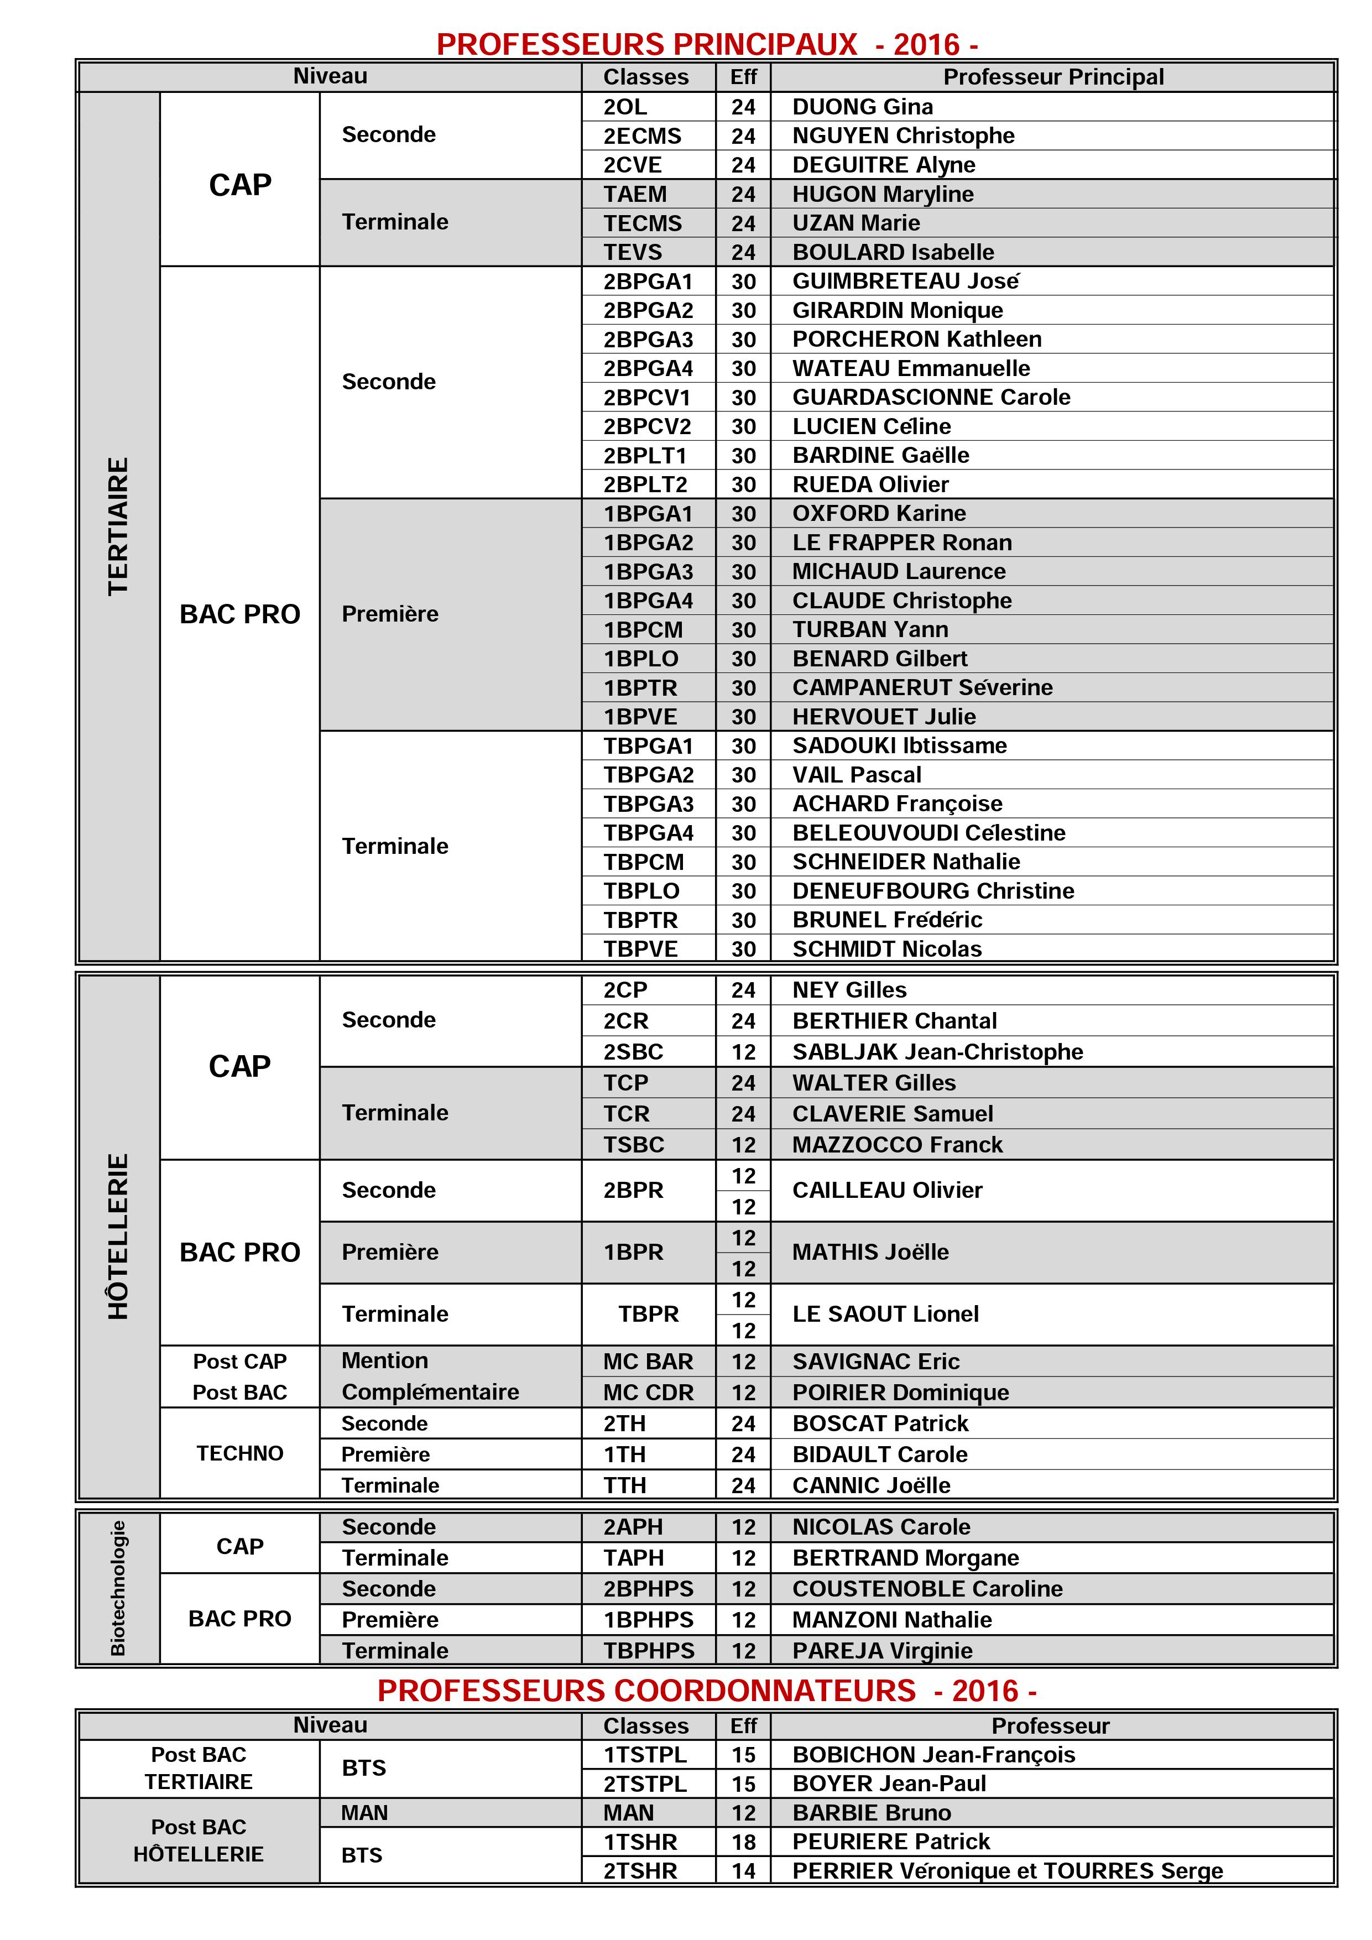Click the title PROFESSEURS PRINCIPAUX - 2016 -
pos(707,44)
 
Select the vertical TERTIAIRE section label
pos(119,526)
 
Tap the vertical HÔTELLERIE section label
pos(119,1235)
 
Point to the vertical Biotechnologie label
pos(118,1588)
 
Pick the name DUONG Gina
pos(863,107)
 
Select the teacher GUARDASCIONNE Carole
pos(931,397)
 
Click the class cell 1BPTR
pos(640,688)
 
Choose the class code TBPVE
pos(640,949)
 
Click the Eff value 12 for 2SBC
pos(743,1052)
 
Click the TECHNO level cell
pos(240,1453)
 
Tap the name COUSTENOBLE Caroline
pos(927,1588)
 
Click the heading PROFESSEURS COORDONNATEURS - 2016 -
pos(707,1691)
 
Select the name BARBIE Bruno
pos(871,1812)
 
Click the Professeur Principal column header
pos(1053,77)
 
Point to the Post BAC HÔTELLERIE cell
pos(199,1840)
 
